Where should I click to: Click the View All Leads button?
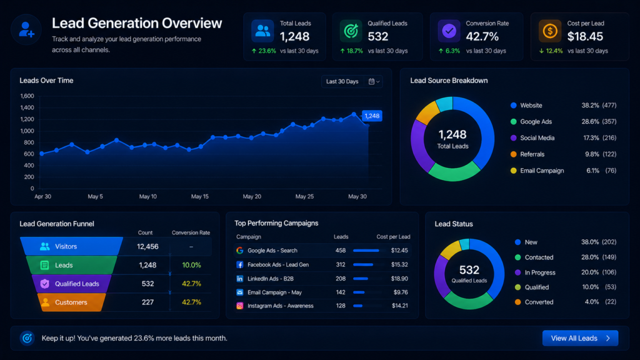580,338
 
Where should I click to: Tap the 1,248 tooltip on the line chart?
372,116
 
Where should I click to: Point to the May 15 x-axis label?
199,196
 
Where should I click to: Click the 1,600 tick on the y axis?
27,96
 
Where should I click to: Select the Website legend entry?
531,105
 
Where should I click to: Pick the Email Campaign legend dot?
514,171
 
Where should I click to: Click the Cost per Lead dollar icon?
550,31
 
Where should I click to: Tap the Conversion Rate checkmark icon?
449,31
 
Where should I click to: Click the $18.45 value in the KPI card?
585,37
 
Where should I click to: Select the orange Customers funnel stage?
71,302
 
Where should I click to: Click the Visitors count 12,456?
147,246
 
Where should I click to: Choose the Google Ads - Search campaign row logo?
239,250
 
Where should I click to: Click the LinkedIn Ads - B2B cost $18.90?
399,278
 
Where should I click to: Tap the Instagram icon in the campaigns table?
239,306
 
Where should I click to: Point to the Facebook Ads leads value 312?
341,264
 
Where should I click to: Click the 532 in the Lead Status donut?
469,270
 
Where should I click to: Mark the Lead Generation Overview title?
137,23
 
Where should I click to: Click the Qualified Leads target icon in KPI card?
351,31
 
